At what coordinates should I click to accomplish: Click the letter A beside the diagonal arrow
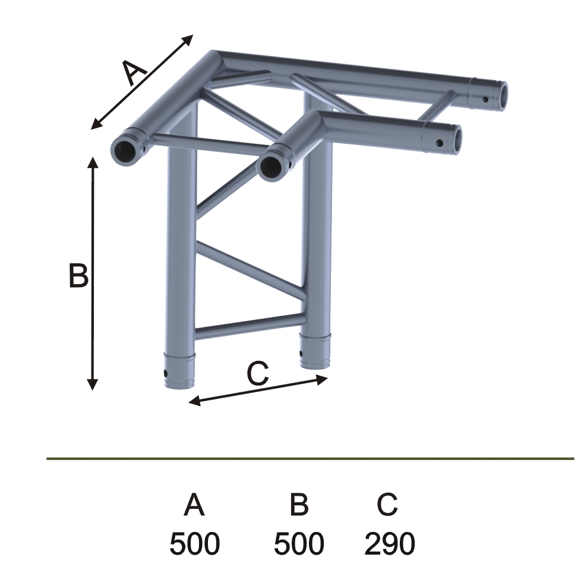pos(135,73)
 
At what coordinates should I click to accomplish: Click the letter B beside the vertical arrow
pos(78,275)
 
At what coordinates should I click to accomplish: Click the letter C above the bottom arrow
pos(258,373)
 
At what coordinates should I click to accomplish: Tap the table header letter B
pos(299,505)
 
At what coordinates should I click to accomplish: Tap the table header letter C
pos(387,505)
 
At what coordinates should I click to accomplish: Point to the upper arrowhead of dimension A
pos(188,39)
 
